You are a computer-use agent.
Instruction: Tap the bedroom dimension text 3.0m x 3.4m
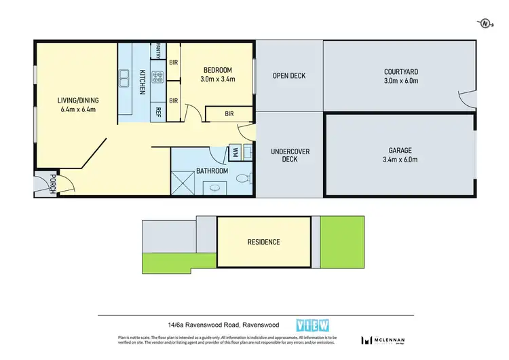[x=219, y=79]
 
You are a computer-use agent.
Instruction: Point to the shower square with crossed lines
[x=183, y=181]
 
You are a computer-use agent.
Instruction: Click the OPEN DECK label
[x=288, y=75]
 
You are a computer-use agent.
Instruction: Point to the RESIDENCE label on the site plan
[x=263, y=242]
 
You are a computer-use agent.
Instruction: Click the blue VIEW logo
[x=309, y=325]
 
